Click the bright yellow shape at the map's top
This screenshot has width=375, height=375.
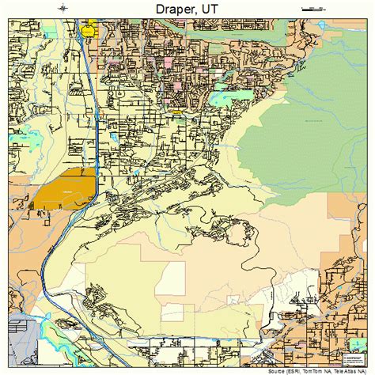[x=89, y=31]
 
